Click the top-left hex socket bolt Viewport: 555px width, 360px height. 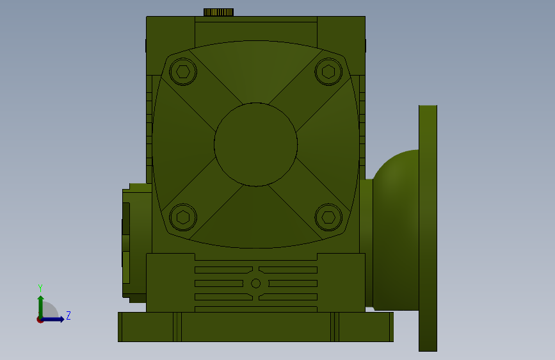tap(183, 72)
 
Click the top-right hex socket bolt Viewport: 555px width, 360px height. tap(328, 72)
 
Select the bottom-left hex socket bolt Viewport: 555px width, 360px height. tap(183, 217)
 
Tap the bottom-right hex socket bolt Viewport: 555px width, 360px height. tap(328, 217)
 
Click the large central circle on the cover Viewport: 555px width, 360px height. tap(256, 144)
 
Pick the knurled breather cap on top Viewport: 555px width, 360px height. tap(218, 12)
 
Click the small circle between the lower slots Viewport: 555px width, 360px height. tap(255, 283)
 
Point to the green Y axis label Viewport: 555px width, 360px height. tap(40, 288)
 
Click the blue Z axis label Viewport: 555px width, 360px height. tap(68, 315)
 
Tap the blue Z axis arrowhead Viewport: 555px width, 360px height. tap(61, 319)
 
